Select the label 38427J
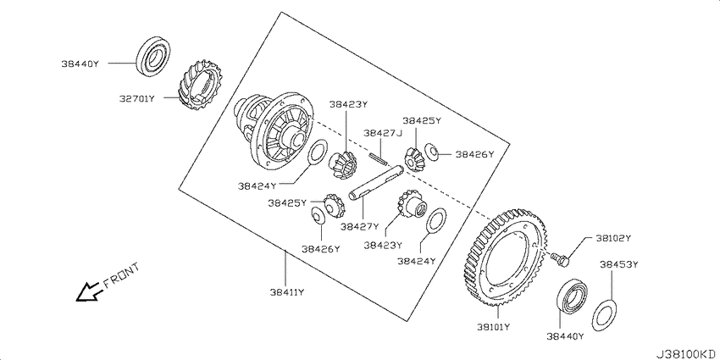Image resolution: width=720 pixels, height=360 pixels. point(383,133)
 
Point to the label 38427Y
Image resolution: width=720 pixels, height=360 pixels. point(359,226)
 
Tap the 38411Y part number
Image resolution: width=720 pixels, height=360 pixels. point(287,292)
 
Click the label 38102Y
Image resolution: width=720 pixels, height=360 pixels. point(613,238)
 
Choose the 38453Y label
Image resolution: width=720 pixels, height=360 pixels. point(618,264)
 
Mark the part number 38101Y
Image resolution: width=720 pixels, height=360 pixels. point(494,327)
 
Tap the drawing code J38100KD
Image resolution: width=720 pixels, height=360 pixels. point(688,353)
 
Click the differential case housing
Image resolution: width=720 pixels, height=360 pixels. point(274,130)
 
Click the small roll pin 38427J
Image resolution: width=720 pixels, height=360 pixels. point(378,158)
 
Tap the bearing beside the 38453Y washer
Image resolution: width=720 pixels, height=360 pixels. point(572,297)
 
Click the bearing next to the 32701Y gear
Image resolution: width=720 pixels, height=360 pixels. point(153,56)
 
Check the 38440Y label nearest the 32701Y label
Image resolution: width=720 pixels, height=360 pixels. point(80,64)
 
